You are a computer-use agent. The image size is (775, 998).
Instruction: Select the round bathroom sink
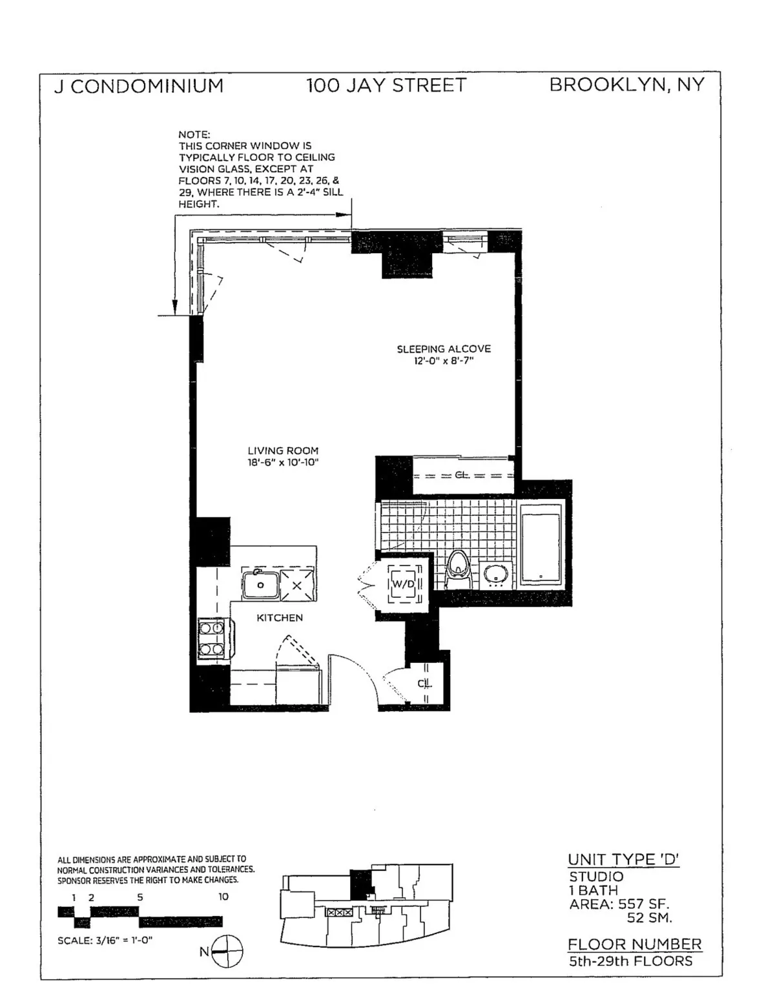496,573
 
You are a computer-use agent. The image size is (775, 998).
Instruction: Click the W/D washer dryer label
403,584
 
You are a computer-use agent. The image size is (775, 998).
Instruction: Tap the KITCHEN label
280,618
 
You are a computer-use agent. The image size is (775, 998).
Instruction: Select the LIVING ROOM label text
283,451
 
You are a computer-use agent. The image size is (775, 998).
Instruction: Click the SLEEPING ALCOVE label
444,349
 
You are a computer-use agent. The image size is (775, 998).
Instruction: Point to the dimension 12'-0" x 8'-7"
444,361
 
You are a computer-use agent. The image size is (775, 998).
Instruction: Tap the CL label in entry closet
424,683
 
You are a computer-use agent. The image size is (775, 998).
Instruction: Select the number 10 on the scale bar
223,897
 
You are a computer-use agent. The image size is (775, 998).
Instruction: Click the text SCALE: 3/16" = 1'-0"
105,940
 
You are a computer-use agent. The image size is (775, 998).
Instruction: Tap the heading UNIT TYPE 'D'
623,859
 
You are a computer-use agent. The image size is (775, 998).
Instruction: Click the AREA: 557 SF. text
619,904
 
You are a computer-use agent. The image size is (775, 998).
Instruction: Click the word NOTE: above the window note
194,134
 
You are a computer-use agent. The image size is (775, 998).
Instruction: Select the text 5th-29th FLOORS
630,961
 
